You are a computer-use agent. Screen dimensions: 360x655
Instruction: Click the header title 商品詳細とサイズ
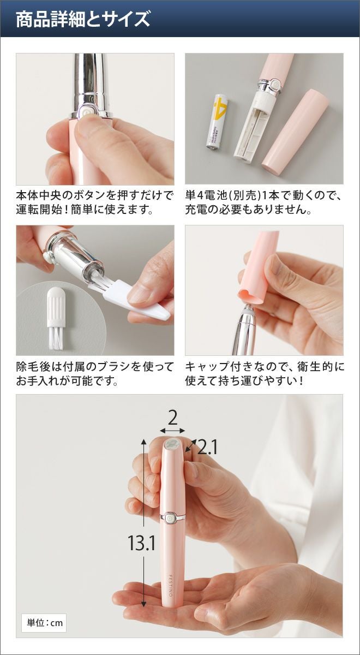[83, 19]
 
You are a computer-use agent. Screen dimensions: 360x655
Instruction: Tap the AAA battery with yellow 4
[218, 121]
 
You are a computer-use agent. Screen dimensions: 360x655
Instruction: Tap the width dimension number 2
[173, 418]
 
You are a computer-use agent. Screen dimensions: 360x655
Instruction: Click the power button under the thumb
[85, 112]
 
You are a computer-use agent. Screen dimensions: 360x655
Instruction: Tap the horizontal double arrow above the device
[172, 431]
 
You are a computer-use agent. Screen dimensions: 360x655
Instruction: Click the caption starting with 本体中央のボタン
[94, 203]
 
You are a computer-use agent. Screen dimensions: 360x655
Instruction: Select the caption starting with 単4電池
[263, 203]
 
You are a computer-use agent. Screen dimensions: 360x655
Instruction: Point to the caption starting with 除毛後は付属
[95, 374]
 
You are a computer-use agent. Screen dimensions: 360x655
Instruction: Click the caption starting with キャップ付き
[265, 374]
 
